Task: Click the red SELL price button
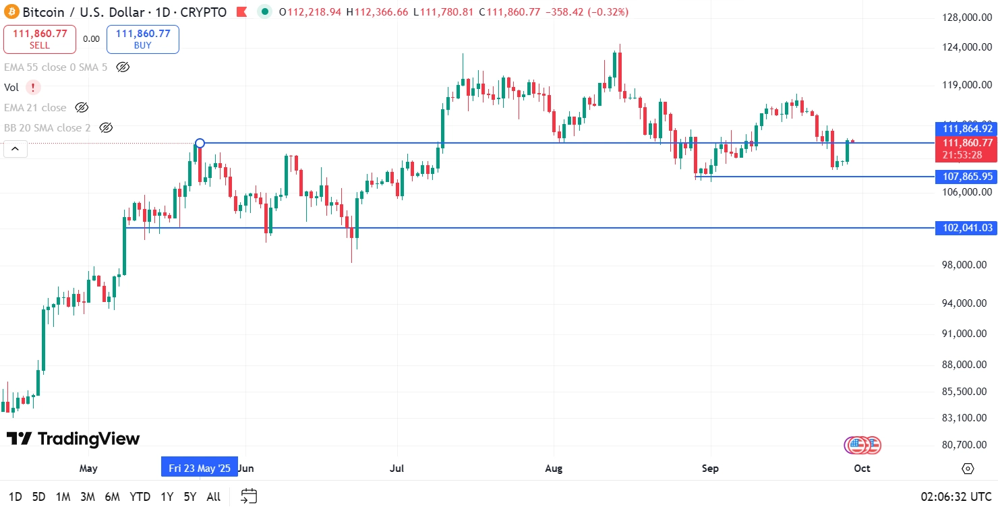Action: (40, 39)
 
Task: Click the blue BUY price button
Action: (143, 39)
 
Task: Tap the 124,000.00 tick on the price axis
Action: (967, 47)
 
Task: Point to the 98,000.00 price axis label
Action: (967, 265)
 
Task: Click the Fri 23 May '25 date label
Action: (200, 468)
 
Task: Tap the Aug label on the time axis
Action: (554, 468)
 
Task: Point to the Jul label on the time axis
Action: (397, 468)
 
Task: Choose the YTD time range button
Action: (140, 497)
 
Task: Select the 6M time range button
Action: (112, 497)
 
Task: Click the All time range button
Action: (213, 497)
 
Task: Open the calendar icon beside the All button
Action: (249, 497)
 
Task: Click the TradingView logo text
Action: (74, 439)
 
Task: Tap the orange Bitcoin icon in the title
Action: (11, 12)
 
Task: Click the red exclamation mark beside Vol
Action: (33, 87)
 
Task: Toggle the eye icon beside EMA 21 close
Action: (82, 108)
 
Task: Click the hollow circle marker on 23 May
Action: (200, 143)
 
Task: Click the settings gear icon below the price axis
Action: (968, 469)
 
